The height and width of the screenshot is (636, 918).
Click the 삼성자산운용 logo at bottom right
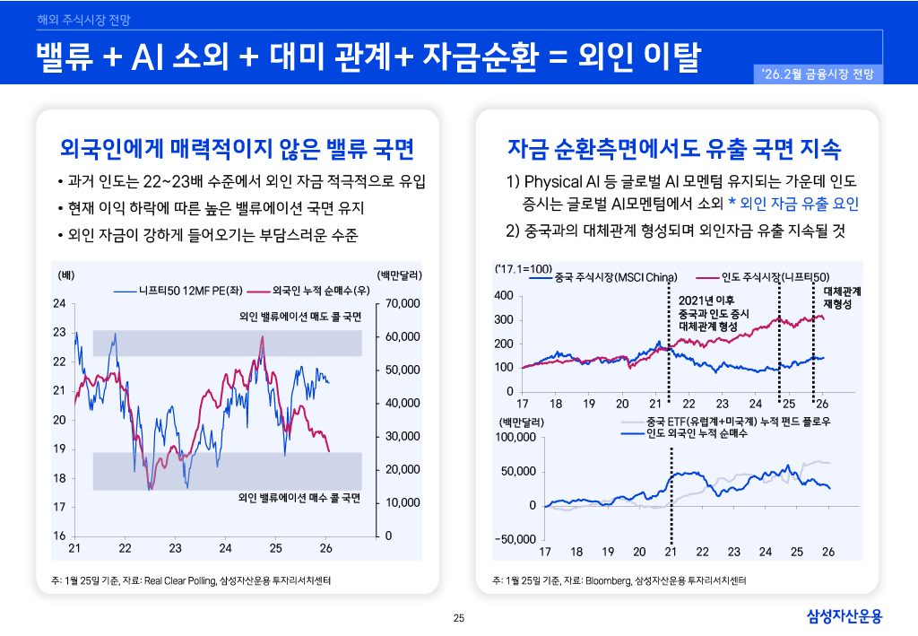pos(844,615)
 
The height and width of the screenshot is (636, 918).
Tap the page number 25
pos(459,617)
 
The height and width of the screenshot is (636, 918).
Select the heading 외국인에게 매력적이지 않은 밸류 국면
pos(236,147)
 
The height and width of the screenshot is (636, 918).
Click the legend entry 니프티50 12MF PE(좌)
pos(185,291)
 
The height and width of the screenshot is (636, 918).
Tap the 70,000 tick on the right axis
pos(402,303)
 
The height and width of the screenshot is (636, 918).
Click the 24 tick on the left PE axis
pos(60,303)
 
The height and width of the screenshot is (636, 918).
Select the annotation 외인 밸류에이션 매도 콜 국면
pos(300,317)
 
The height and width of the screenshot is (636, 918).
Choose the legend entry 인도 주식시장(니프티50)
pos(775,277)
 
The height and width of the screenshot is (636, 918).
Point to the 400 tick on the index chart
pos(504,296)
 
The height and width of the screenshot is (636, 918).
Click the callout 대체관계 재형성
pos(842,298)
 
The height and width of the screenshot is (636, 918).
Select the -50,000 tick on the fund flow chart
pos(515,539)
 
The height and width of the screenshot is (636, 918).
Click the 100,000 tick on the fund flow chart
pos(515,437)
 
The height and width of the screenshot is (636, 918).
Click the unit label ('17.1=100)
pos(523,268)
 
